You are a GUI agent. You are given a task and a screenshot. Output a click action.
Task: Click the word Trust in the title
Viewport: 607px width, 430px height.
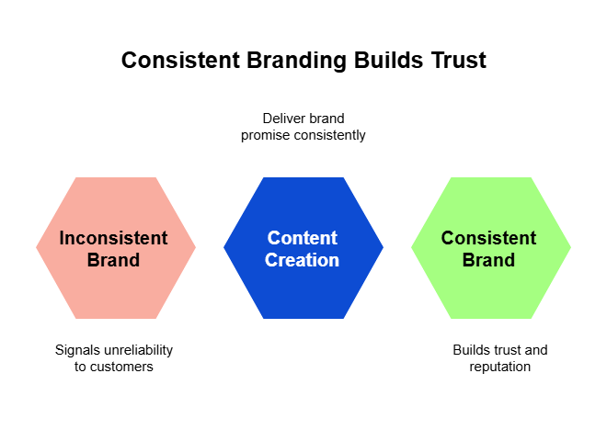pyautogui.click(x=459, y=61)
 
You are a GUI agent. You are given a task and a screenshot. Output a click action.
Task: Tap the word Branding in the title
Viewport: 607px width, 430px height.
pyautogui.click(x=296, y=61)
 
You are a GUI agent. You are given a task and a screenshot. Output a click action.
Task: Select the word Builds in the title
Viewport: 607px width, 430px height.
pyautogui.click(x=388, y=61)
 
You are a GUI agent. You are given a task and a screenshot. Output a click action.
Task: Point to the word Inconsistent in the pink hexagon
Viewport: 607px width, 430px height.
pyautogui.click(x=113, y=238)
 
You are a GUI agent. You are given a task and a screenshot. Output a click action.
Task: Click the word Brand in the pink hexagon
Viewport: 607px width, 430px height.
pyautogui.click(x=113, y=260)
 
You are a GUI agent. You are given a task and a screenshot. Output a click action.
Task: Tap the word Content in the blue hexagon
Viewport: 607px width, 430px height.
pyautogui.click(x=303, y=238)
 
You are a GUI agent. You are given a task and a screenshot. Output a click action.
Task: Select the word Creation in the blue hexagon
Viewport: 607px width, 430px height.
pyautogui.click(x=302, y=260)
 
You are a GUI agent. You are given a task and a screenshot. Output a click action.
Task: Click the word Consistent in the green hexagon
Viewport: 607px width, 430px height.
pyautogui.click(x=489, y=238)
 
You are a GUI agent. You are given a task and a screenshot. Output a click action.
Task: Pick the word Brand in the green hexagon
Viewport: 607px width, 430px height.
pyautogui.click(x=488, y=260)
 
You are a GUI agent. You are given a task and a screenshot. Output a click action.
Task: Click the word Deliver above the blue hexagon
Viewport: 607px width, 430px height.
pyautogui.click(x=277, y=119)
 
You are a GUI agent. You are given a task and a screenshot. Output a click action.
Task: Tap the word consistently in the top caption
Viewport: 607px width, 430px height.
pyautogui.click(x=330, y=136)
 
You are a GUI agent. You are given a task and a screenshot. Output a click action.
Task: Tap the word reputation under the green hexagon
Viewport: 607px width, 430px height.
pyautogui.click(x=499, y=367)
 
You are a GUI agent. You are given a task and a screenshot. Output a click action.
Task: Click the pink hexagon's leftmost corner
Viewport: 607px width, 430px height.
pyautogui.click(x=36, y=248)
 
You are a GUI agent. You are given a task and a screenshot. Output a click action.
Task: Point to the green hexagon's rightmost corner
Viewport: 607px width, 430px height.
pyautogui.click(x=571, y=248)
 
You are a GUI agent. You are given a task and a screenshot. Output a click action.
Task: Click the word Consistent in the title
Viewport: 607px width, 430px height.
pyautogui.click(x=181, y=61)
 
